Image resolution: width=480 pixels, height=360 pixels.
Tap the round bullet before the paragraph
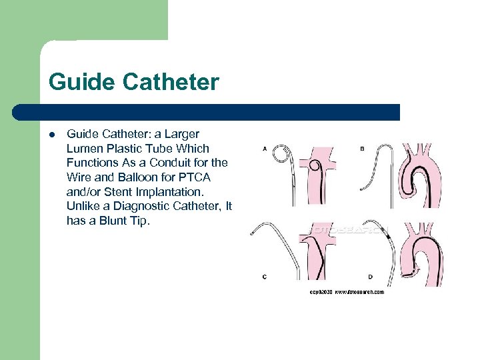52,135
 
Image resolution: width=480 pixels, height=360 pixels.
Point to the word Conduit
175,163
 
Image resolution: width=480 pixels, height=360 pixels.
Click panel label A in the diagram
265,149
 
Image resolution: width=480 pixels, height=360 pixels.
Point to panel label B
362,149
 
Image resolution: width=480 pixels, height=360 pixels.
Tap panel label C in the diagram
265,276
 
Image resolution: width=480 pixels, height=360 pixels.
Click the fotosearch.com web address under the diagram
359,293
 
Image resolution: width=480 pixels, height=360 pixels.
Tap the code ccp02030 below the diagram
320,293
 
